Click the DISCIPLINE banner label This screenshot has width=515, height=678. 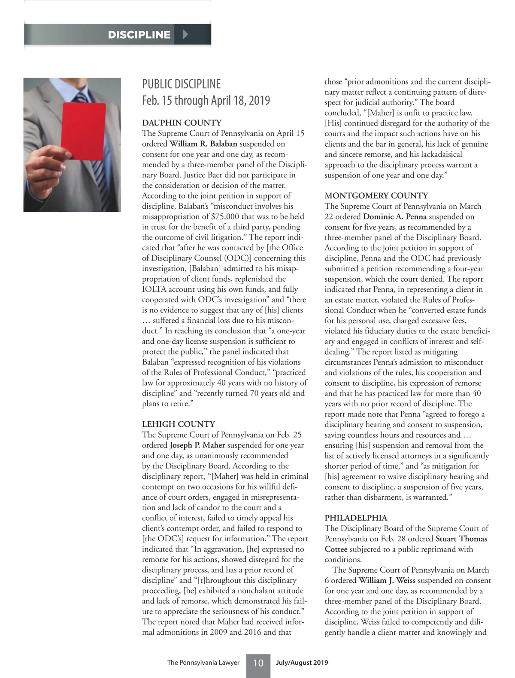point(139,35)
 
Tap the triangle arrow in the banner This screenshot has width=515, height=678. point(185,34)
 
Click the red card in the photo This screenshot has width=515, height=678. point(84,131)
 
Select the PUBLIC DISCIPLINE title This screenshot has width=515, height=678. point(182,84)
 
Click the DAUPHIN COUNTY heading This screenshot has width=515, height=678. point(182,123)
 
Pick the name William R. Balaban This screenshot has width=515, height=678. point(203,144)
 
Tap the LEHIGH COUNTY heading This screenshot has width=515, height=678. point(179,424)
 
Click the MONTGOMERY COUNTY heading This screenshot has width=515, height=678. point(376,196)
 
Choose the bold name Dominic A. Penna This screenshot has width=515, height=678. point(395,217)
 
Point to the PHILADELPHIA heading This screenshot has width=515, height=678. point(356,518)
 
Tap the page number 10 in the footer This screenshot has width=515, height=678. point(258,663)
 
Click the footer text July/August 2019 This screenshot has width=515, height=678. point(302,663)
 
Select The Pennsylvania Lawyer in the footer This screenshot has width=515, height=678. point(203,663)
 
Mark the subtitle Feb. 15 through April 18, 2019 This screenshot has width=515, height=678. point(206,101)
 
